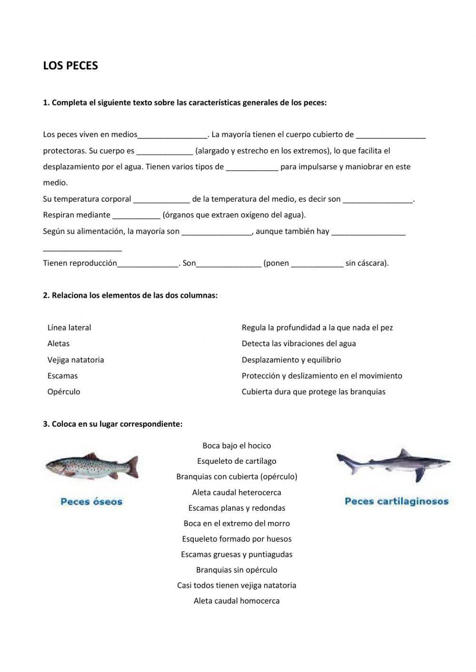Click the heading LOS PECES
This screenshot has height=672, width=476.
[x=70, y=66]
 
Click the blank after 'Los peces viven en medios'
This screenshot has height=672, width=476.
[x=172, y=135]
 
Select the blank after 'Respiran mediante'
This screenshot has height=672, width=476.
[x=136, y=215]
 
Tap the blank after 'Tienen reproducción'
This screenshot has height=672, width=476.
[x=148, y=263]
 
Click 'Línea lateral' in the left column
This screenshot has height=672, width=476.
[x=69, y=328]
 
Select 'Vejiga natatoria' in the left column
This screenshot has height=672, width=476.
[x=75, y=360]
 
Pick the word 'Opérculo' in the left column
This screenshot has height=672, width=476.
[x=64, y=392]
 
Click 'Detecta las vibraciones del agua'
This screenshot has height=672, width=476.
[x=298, y=344]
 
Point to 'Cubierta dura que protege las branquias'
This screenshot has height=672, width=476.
[x=313, y=392]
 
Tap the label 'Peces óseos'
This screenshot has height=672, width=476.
[x=91, y=501]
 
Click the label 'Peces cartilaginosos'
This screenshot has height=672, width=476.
[x=396, y=501]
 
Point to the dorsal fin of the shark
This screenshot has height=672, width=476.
[x=404, y=453]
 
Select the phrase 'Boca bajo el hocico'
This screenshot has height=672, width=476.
[x=237, y=446]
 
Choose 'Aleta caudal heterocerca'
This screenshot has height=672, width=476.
[x=237, y=493]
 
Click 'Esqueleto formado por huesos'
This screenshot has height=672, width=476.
[x=237, y=539]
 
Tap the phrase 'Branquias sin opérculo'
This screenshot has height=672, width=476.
[x=237, y=570]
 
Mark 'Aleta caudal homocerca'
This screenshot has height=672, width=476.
[x=237, y=601]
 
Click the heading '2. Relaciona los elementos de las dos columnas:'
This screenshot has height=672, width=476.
[x=130, y=295]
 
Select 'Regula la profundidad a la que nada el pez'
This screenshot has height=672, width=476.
[x=317, y=328]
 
